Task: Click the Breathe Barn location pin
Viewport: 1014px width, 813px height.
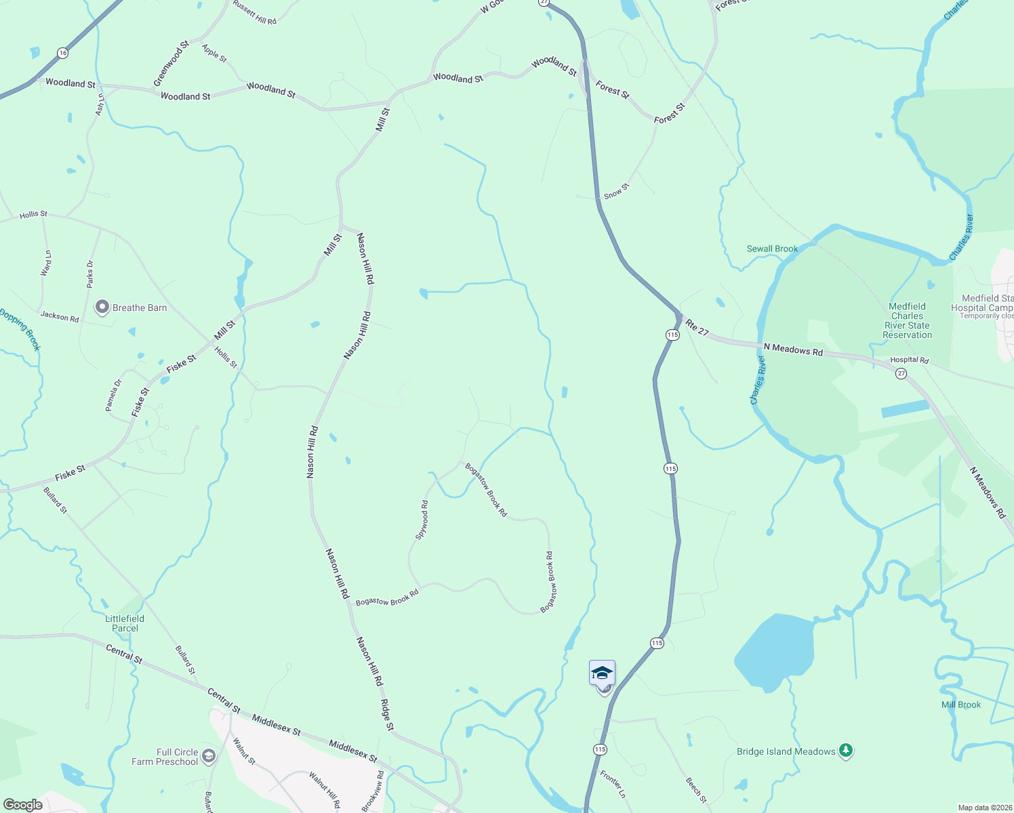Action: click(x=102, y=308)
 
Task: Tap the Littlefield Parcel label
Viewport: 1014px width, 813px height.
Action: click(x=125, y=623)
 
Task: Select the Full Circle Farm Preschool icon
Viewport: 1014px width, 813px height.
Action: click(x=209, y=756)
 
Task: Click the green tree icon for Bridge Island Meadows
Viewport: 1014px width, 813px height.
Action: click(x=845, y=750)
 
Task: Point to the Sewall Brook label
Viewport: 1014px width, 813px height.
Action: click(x=772, y=249)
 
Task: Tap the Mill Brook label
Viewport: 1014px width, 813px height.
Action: click(x=960, y=705)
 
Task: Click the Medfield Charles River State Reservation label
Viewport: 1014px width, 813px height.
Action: click(x=907, y=320)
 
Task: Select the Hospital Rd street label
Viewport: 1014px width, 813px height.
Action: click(x=909, y=360)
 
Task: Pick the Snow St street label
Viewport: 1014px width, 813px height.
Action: click(x=617, y=191)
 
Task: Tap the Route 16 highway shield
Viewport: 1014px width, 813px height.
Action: click(x=62, y=52)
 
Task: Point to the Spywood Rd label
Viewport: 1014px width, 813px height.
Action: click(x=422, y=520)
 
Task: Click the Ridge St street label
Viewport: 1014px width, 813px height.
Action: click(x=386, y=715)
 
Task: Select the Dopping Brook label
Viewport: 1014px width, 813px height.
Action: click(x=20, y=329)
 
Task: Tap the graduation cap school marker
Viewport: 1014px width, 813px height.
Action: click(x=602, y=673)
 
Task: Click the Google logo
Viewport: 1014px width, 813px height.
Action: click(x=22, y=804)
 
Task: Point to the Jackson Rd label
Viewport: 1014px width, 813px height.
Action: click(x=60, y=316)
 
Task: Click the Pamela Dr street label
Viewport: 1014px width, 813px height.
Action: click(x=113, y=395)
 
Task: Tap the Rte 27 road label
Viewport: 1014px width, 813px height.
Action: click(x=697, y=327)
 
